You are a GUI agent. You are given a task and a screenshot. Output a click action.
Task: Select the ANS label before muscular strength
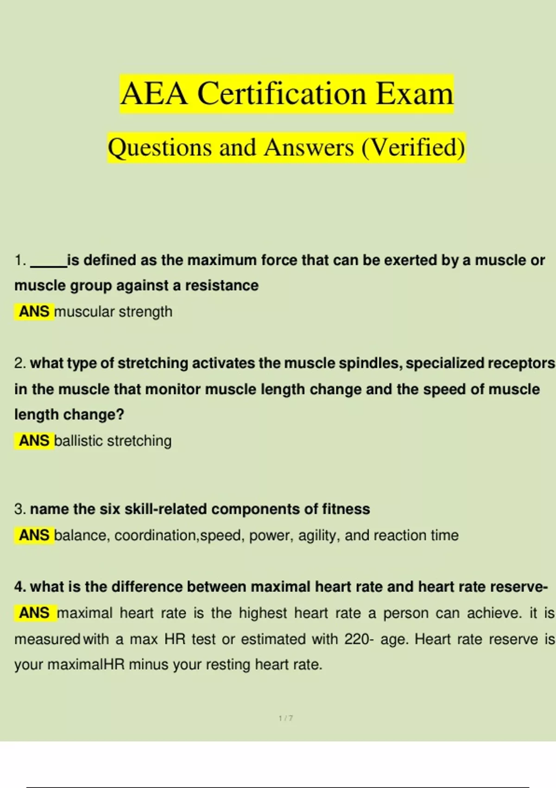coord(34,311)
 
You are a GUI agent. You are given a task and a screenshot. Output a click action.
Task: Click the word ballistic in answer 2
coord(78,440)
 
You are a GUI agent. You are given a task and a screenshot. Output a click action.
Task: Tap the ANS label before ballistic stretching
coord(34,440)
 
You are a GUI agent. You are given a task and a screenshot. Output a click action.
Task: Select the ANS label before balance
coord(34,535)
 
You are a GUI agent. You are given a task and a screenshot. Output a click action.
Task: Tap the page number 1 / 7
coord(285,718)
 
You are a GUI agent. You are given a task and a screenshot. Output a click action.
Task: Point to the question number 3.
coord(19,509)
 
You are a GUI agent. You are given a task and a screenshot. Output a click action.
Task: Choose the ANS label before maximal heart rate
coord(34,613)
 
